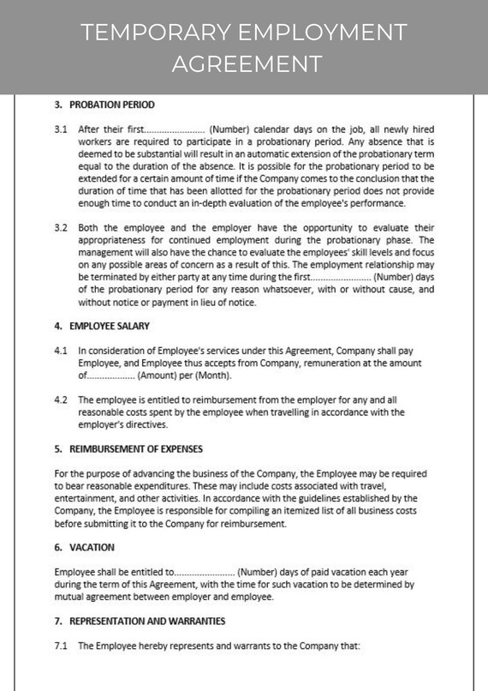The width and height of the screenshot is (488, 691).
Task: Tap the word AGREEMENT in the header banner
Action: [247, 63]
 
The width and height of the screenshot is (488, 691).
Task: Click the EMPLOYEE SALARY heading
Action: [109, 326]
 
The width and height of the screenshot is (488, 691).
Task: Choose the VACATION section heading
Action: [91, 547]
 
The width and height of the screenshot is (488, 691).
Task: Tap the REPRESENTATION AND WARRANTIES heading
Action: [147, 621]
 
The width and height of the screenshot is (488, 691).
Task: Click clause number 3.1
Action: [61, 129]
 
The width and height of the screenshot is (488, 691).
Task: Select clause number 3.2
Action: [61, 228]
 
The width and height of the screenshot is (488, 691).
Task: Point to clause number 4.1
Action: [61, 351]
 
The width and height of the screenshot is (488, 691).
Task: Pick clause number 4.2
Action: [61, 400]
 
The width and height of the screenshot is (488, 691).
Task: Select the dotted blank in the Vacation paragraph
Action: [205, 572]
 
